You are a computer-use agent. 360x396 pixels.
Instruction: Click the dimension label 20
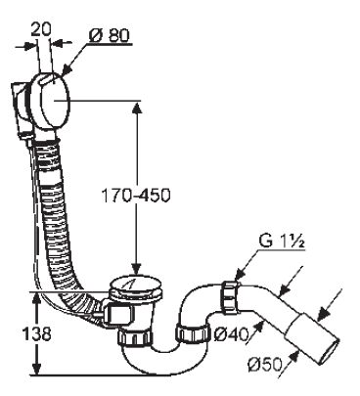tap(41, 29)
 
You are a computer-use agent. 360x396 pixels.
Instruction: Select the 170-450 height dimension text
tap(136, 196)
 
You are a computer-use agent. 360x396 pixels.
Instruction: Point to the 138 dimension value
tap(37, 333)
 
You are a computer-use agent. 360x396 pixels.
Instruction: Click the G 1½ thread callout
tap(282, 242)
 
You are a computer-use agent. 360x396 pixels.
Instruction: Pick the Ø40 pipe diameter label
tap(231, 333)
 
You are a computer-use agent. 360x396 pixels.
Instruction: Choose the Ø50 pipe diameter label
tap(264, 365)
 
